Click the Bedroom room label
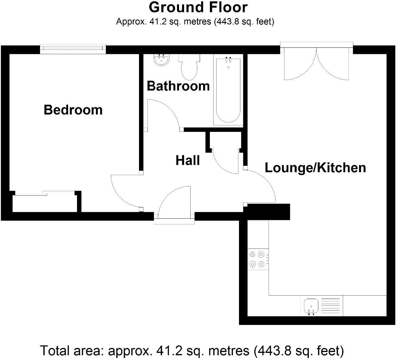coord(73,110)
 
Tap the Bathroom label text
coord(178,86)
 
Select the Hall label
coord(187,160)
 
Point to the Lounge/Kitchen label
coord(315,167)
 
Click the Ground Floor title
coord(198,7)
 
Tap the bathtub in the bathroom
coord(228,91)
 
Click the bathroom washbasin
coord(161,60)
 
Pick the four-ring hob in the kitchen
coord(257,259)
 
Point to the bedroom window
coord(73,49)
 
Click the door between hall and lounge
coord(261,186)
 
